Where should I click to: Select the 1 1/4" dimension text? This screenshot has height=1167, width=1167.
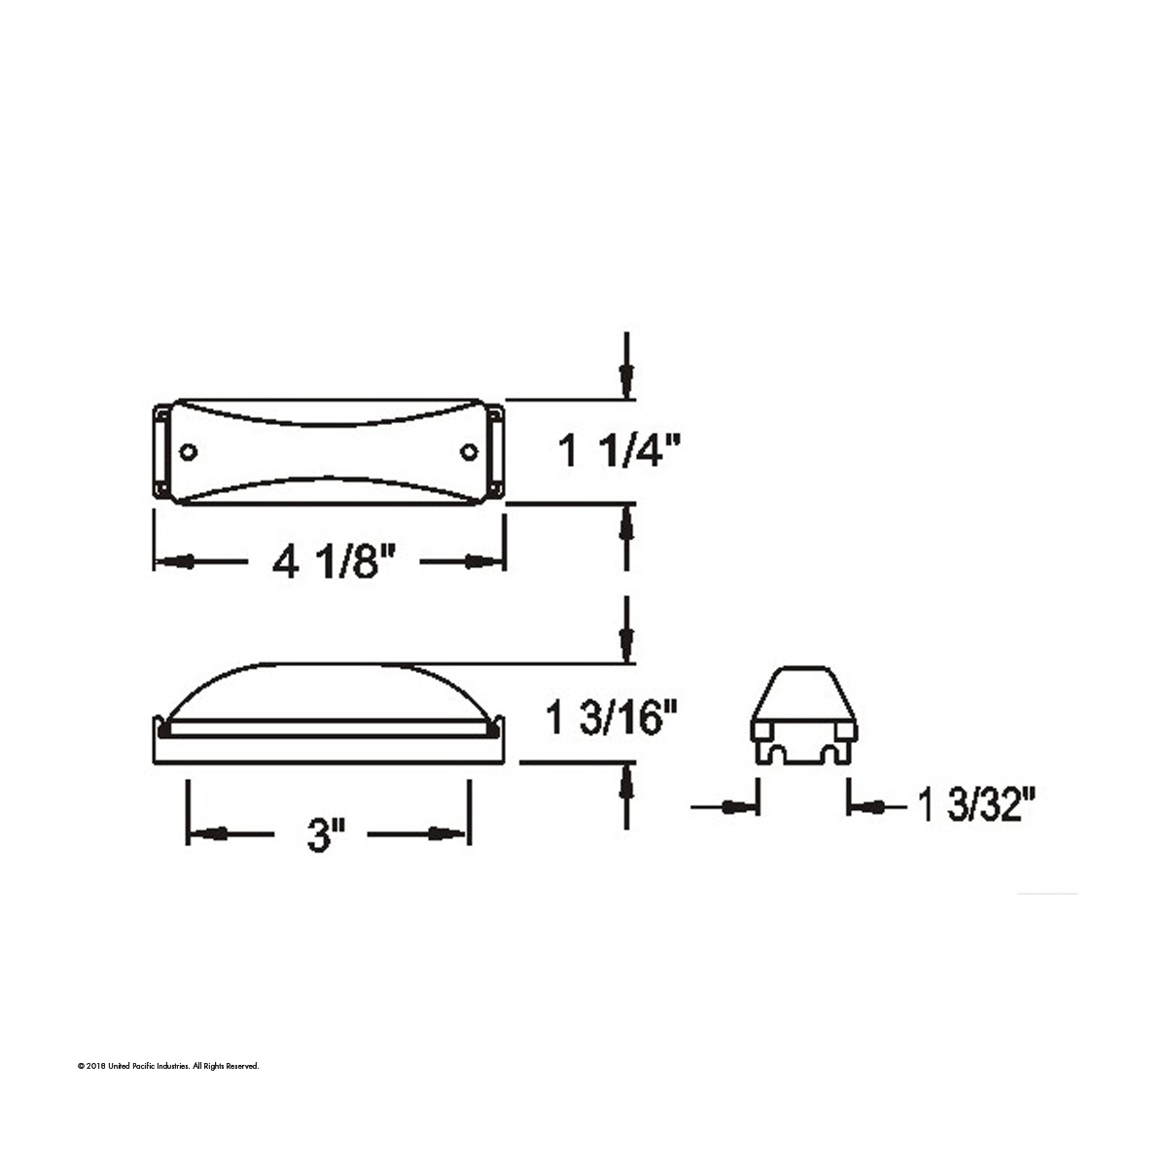[619, 451]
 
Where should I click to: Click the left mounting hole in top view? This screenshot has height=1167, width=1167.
[190, 452]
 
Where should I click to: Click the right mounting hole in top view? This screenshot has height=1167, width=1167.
[469, 452]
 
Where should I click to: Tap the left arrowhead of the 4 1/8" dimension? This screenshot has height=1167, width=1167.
[176, 562]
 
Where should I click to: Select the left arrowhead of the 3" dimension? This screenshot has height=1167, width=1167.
[208, 833]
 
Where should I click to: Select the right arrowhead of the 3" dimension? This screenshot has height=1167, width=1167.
[450, 833]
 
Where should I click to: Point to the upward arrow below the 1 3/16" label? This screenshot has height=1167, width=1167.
[627, 784]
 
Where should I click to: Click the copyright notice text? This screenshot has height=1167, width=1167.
[168, 1067]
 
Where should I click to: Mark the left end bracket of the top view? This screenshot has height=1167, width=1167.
[160, 452]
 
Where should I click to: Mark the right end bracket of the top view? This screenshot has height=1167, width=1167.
[497, 452]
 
